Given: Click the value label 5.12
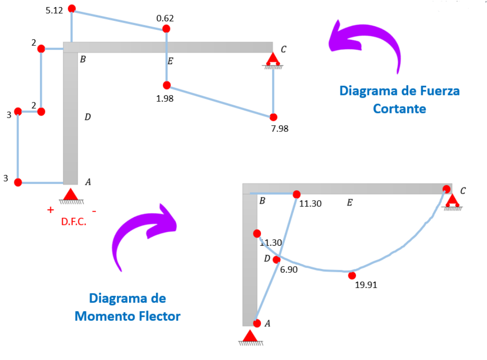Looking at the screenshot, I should pyautogui.click(x=54, y=10).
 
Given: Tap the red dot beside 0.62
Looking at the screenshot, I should pyautogui.click(x=166, y=29).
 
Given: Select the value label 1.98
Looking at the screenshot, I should pyautogui.click(x=165, y=99).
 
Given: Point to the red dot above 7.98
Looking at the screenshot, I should pyautogui.click(x=273, y=117).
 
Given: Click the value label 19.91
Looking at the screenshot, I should pyautogui.click(x=366, y=286).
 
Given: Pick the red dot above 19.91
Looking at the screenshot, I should pyautogui.click(x=352, y=276).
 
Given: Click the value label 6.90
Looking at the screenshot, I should pyautogui.click(x=289, y=270).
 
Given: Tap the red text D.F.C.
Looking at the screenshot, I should pyautogui.click(x=74, y=222).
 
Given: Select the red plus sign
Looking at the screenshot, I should pyautogui.click(x=51, y=210).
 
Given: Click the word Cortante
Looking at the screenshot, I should pyautogui.click(x=399, y=109).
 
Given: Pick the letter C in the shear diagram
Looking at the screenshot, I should pyautogui.click(x=283, y=49).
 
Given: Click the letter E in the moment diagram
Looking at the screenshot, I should pyautogui.click(x=349, y=203).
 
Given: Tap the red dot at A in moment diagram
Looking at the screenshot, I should pyautogui.click(x=257, y=323).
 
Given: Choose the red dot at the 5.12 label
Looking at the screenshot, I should pyautogui.click(x=72, y=9).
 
